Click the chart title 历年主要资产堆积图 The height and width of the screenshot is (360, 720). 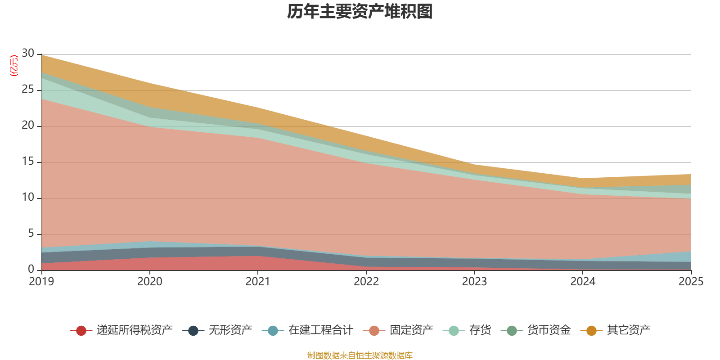[360, 12]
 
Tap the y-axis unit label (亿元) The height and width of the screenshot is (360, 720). [14, 66]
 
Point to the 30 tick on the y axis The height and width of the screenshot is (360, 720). [28, 53]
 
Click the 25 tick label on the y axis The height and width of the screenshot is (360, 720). [28, 89]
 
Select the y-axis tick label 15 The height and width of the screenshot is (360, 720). [28, 161]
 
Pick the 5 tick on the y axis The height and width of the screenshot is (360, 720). [31, 233]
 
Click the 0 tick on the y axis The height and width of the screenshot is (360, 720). [31, 269]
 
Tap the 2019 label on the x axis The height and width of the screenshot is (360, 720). [41, 282]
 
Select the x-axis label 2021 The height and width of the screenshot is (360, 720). [258, 282]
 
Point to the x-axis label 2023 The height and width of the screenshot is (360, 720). [474, 282]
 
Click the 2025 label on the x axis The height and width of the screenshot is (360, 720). [691, 282]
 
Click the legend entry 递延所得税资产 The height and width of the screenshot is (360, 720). [121, 330]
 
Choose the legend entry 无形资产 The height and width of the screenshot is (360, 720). [217, 330]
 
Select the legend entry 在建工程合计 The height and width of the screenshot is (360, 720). [307, 330]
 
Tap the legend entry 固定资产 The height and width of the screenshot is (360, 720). [398, 330]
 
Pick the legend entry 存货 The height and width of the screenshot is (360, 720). [467, 330]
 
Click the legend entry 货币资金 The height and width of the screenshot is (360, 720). [535, 330]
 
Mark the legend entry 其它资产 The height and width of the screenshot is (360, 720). [615, 330]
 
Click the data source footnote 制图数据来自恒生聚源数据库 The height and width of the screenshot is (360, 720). [360, 355]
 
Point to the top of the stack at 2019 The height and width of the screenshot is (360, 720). [42, 55]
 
